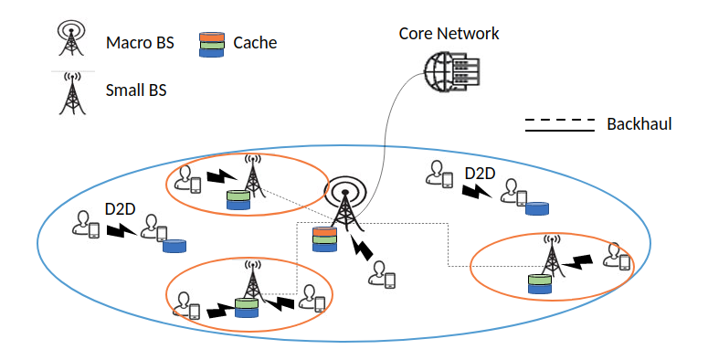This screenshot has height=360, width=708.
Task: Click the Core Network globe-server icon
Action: (x=451, y=72)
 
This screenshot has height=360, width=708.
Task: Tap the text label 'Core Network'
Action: (x=449, y=34)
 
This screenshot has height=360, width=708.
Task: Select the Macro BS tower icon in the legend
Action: (x=71, y=39)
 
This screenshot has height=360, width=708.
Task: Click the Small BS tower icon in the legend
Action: (x=72, y=93)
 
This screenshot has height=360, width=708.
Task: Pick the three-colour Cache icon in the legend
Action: (x=212, y=44)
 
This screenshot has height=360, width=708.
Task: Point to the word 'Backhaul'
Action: (x=639, y=124)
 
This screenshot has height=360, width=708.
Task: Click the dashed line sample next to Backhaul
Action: (x=559, y=120)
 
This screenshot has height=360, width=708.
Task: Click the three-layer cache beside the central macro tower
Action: (x=324, y=239)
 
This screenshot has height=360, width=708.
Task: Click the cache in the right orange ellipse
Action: (x=540, y=284)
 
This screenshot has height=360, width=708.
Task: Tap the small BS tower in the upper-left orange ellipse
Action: (x=252, y=175)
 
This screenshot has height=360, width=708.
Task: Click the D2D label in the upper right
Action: (x=480, y=174)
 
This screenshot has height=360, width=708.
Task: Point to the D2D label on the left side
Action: (x=120, y=209)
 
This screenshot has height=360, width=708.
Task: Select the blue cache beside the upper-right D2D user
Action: (x=537, y=208)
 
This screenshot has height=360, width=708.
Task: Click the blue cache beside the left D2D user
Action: (x=174, y=246)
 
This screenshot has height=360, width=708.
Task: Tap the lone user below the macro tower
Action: (x=382, y=275)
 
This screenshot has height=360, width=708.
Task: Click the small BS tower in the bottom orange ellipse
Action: (x=253, y=281)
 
